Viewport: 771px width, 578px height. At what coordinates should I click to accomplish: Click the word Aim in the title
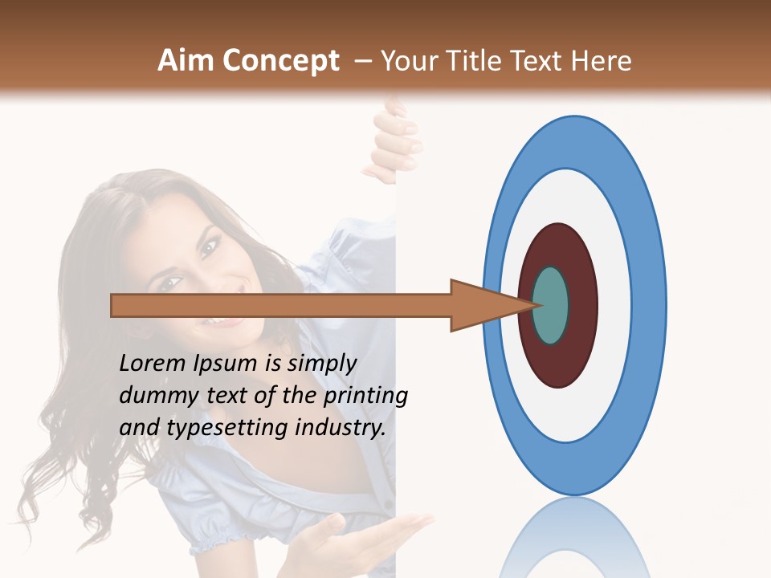point(186,61)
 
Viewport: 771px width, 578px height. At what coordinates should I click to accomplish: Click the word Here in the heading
point(599,61)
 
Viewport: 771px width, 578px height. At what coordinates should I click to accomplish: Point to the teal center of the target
point(550,305)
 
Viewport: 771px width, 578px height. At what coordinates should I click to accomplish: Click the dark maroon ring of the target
point(581,305)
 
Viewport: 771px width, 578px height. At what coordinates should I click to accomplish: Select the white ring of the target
point(614,305)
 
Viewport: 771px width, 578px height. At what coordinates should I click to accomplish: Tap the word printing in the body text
point(365,397)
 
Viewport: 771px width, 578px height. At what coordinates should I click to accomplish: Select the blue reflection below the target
point(573,538)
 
